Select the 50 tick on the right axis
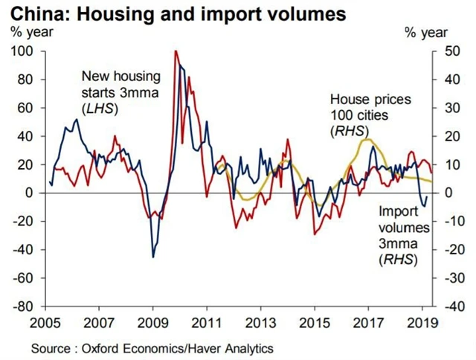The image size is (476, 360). coord(448,51)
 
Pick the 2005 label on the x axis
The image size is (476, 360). coord(46,324)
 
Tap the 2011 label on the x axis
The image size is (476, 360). coord(207,324)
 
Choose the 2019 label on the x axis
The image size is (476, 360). coord(422,324)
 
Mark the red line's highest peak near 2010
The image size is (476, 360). coord(176,51)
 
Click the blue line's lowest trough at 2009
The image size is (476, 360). coord(153,257)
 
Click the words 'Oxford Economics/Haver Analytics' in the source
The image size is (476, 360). coord(178,348)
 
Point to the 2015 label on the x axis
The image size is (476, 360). coord(314,324)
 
